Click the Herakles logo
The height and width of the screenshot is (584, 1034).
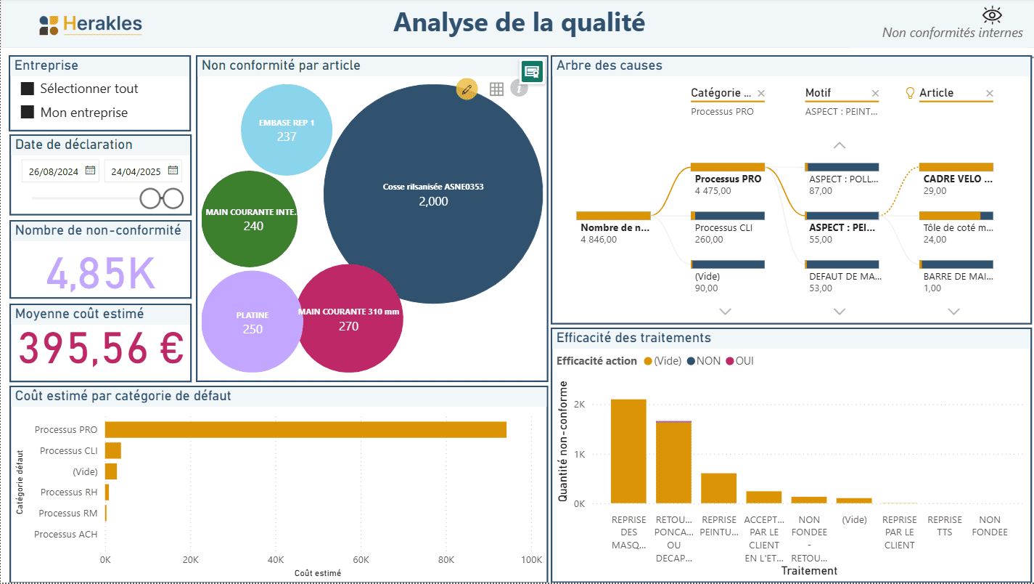click(91, 25)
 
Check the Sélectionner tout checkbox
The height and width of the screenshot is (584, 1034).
click(28, 89)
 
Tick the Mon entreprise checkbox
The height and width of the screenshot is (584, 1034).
click(28, 113)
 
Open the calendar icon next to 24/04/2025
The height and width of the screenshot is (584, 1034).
click(173, 171)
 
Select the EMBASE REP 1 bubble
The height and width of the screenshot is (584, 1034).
click(287, 129)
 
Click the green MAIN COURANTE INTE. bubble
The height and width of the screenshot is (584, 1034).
click(250, 219)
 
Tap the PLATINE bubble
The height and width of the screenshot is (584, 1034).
click(252, 322)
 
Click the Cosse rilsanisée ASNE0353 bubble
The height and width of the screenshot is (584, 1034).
click(433, 194)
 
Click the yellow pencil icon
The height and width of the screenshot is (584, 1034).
click(467, 89)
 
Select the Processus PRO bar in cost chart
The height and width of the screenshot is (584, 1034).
click(305, 430)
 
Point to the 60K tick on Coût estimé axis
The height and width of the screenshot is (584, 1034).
click(361, 560)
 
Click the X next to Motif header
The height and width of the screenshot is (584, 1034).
click(875, 93)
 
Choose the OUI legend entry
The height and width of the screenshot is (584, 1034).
click(739, 361)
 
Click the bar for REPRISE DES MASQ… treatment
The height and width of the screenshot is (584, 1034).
click(628, 451)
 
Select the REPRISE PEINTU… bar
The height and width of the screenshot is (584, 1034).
click(718, 488)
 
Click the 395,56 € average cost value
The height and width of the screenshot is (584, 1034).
click(100, 348)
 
